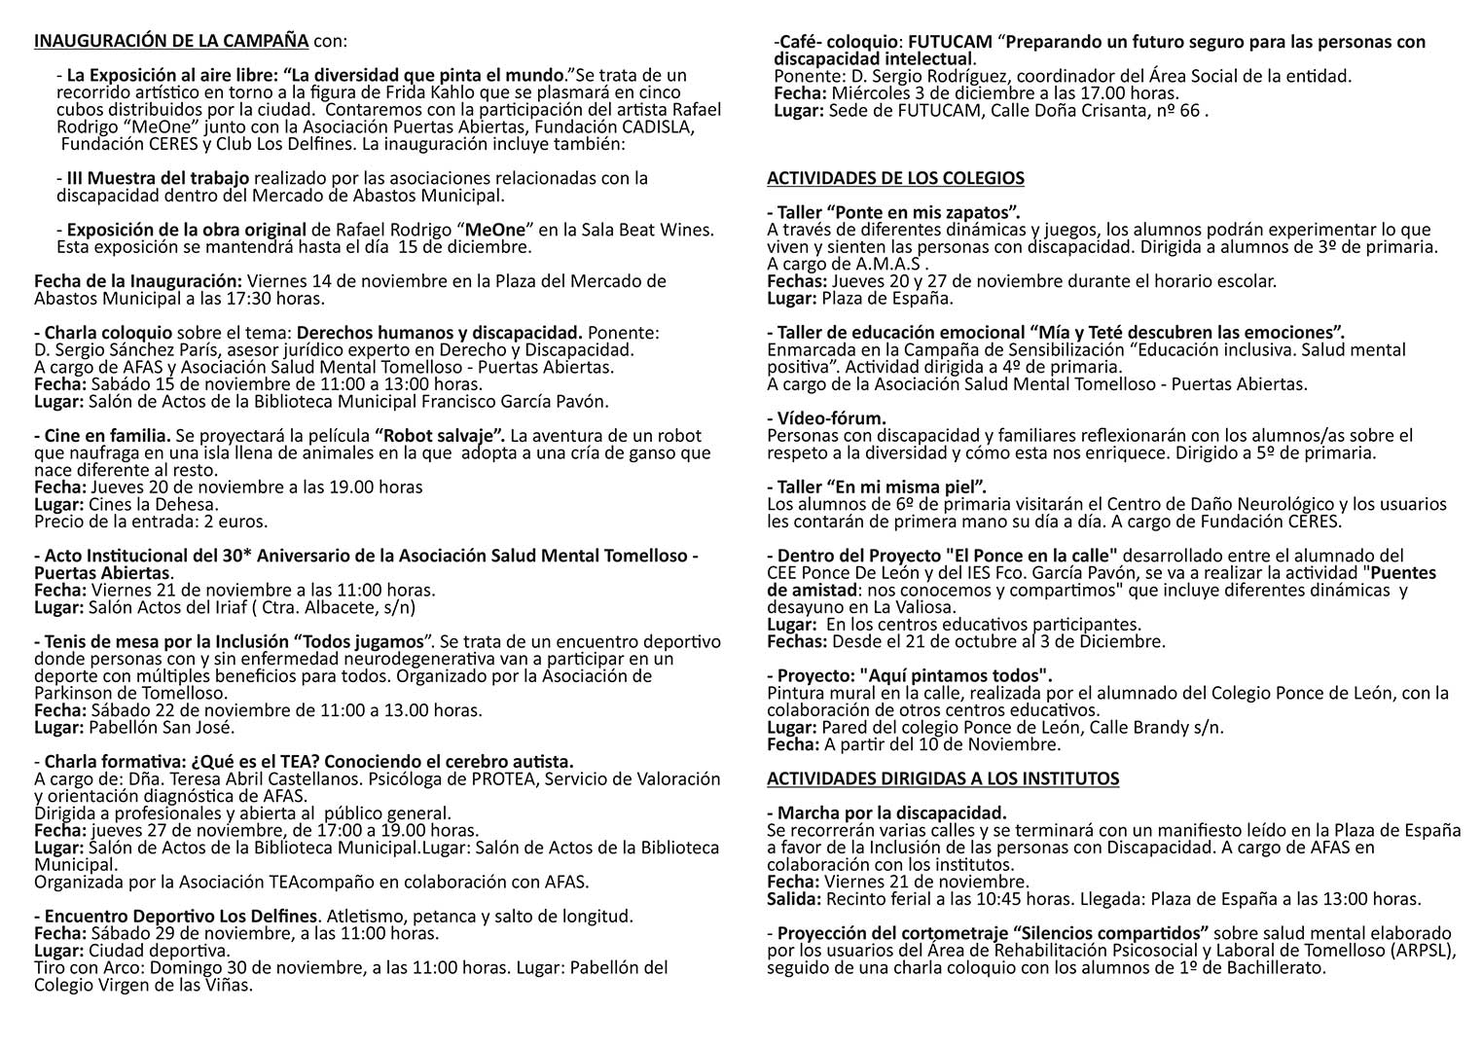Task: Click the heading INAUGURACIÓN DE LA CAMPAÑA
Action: (x=171, y=41)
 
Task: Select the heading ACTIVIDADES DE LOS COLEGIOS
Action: (x=895, y=178)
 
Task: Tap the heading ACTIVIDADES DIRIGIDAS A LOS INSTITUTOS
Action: (x=943, y=778)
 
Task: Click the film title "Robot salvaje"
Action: (x=438, y=436)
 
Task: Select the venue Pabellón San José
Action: (x=162, y=727)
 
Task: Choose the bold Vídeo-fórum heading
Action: (x=827, y=418)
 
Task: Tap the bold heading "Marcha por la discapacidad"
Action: (x=887, y=812)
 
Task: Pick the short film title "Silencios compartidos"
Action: (x=1100, y=933)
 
